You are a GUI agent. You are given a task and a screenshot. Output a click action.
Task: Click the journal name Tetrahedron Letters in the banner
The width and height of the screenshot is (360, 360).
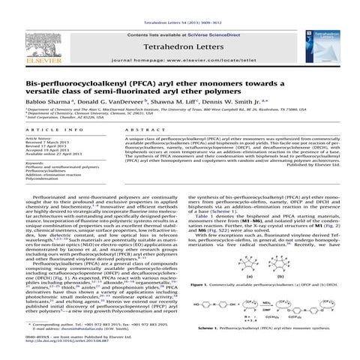point(180,43)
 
